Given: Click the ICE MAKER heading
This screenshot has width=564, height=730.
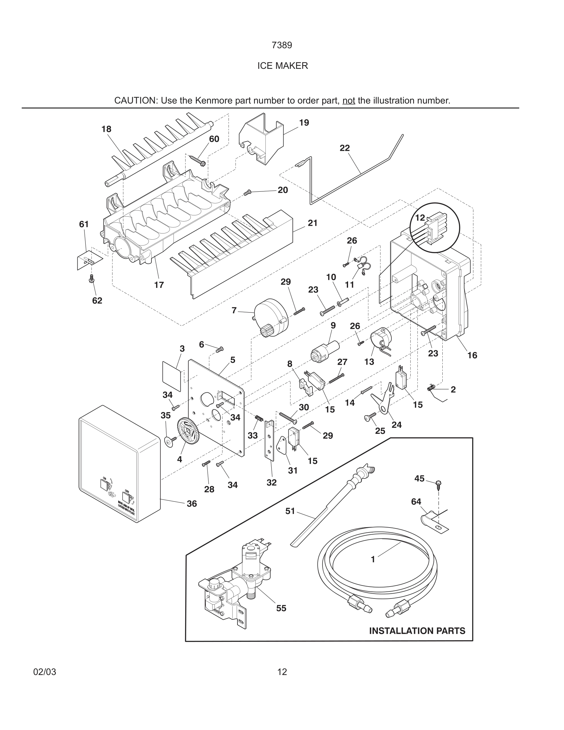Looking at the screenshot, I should (x=282, y=66).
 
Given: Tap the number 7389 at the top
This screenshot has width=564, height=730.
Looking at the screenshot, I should (x=282, y=45).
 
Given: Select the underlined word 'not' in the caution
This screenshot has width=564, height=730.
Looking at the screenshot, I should (x=348, y=100).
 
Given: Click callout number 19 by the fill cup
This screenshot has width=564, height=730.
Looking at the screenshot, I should (x=304, y=123).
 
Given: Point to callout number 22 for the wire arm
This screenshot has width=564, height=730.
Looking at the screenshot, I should (x=344, y=148).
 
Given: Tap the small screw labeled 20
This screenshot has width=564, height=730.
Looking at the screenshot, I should (x=248, y=192).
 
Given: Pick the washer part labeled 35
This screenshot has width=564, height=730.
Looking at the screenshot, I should (x=169, y=442).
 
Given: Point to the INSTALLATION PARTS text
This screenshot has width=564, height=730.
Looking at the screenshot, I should (x=417, y=631).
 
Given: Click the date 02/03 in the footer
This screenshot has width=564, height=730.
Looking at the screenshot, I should (x=45, y=672).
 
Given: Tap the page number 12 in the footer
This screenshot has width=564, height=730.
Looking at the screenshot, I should (x=282, y=672).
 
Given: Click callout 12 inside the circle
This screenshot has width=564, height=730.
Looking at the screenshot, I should (x=420, y=218).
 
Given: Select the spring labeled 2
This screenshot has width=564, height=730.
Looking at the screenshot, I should (x=432, y=387).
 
